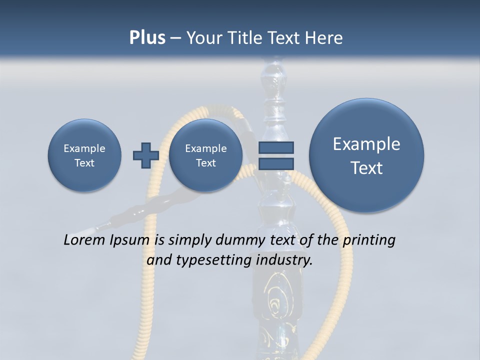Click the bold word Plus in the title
pos(147,38)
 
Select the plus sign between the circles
pos(145,155)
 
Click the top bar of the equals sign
pos(276,148)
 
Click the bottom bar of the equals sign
pos(276,163)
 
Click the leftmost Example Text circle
pos(84,155)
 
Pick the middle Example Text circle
pos(205,155)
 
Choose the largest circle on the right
pos(366,155)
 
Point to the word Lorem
pos(85,240)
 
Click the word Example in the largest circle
pos(366,144)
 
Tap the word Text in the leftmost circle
pos(84,163)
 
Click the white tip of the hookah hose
pos(90,230)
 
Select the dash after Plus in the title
pos(175,38)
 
